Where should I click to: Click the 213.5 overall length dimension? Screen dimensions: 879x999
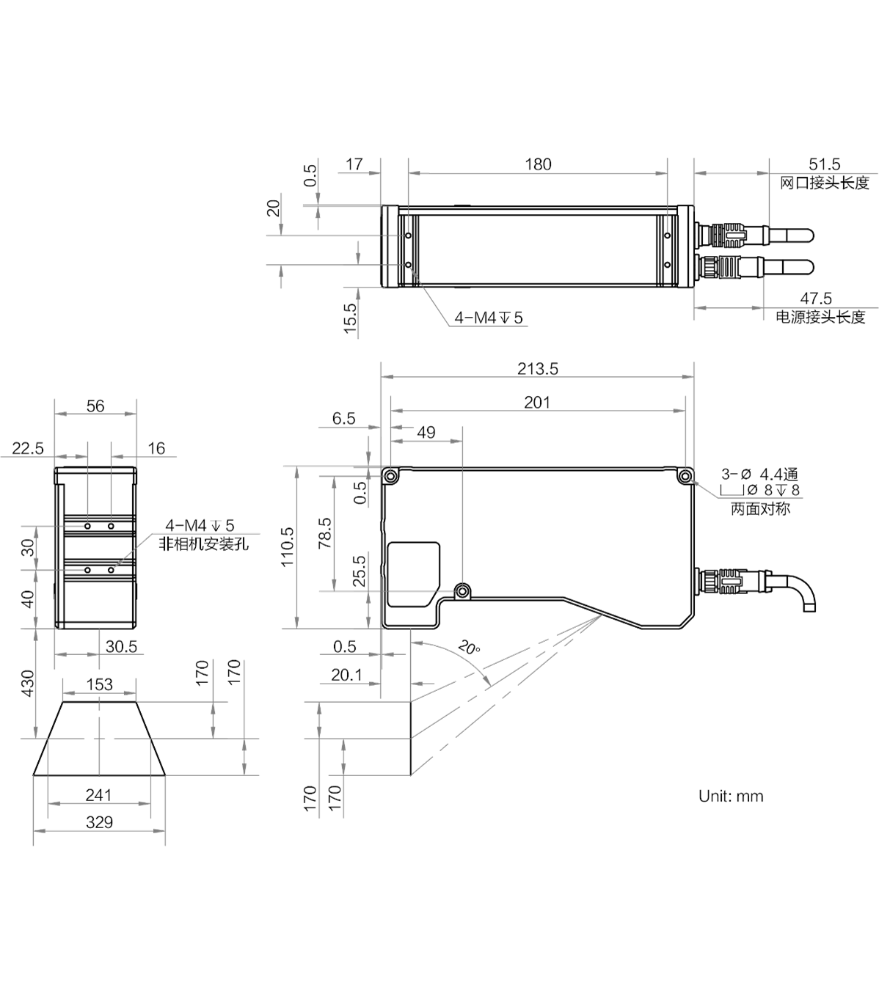(537, 369)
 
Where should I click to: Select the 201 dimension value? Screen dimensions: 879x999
(536, 403)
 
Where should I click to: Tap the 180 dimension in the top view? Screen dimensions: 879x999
(538, 164)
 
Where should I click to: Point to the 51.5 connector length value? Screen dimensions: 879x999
(824, 164)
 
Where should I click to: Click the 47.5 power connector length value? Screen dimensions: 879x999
(816, 299)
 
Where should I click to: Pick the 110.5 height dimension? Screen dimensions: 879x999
(288, 547)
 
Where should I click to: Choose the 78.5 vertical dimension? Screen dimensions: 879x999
(325, 533)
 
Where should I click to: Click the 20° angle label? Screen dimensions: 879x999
(469, 648)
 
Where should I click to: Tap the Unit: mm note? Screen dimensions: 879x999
(731, 797)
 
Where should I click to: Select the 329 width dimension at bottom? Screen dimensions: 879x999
(99, 822)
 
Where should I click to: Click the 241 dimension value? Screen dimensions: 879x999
(98, 795)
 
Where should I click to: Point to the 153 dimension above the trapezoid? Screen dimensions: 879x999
(100, 684)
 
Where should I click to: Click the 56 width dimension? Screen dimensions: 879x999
(95, 406)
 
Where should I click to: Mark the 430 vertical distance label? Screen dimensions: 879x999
(28, 684)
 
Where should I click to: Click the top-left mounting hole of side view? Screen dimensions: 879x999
(390, 476)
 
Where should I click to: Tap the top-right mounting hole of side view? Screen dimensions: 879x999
(685, 476)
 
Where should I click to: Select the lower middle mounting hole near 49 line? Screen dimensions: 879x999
(462, 590)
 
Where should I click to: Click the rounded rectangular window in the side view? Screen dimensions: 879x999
(414, 574)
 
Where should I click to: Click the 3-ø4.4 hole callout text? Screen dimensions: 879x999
(759, 475)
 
